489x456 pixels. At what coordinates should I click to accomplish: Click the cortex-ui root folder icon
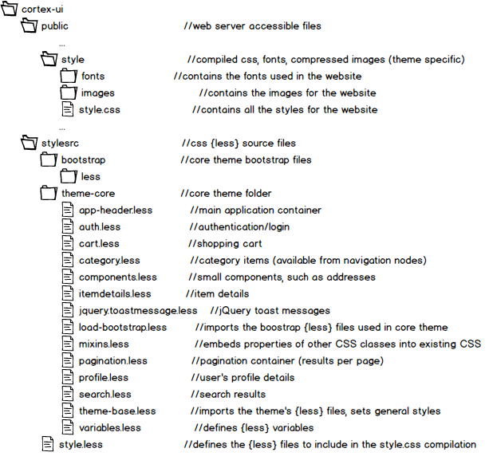click(10, 9)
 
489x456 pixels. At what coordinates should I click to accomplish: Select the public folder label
click(54, 26)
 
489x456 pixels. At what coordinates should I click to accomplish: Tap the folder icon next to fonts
click(68, 77)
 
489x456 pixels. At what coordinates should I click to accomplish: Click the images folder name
click(97, 93)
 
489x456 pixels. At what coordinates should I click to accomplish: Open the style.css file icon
click(68, 109)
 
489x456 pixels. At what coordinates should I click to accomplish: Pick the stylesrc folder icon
click(29, 143)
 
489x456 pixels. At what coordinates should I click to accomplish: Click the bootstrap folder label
click(83, 160)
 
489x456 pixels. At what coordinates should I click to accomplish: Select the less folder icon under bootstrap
click(68, 176)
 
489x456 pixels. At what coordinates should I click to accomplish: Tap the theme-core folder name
click(89, 194)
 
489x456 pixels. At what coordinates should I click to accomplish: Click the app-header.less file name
click(115, 210)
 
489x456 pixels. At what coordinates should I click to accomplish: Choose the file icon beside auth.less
click(68, 227)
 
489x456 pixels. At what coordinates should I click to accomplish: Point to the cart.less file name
click(99, 244)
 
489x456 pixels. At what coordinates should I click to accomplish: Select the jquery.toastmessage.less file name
click(137, 311)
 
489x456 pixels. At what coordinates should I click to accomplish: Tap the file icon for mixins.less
click(68, 344)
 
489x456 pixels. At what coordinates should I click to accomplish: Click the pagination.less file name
click(112, 361)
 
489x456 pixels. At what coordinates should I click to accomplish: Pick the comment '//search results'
click(227, 394)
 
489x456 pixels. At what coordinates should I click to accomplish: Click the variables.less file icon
click(68, 427)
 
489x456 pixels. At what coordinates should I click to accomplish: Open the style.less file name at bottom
click(81, 445)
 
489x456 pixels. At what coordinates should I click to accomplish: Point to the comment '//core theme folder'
click(226, 194)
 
